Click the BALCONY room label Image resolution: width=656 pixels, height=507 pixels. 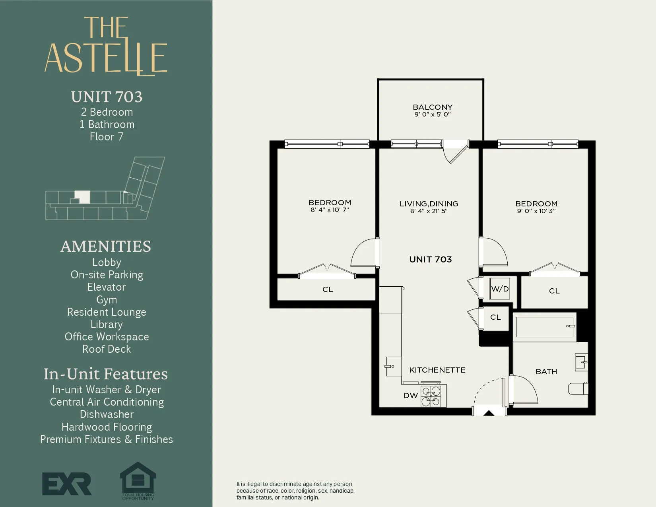pyautogui.click(x=433, y=107)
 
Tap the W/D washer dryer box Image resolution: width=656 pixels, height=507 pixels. pyautogui.click(x=500, y=289)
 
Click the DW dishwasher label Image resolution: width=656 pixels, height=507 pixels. pyautogui.click(x=411, y=396)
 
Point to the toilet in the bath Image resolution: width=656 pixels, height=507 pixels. pyautogui.click(x=578, y=389)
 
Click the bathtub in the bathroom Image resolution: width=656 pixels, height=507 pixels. pyautogui.click(x=544, y=327)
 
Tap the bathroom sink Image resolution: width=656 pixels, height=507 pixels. pyautogui.click(x=581, y=363)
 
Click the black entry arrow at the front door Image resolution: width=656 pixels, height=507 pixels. pyautogui.click(x=489, y=413)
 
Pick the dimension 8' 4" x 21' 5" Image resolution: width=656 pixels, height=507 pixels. pyautogui.click(x=429, y=211)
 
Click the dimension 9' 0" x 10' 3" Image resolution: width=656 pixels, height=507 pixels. pyautogui.click(x=536, y=211)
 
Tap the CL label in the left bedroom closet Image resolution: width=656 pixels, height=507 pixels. pyautogui.click(x=328, y=289)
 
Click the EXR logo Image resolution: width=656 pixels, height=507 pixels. pyautogui.click(x=67, y=484)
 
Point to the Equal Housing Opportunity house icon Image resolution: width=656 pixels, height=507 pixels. pyautogui.click(x=138, y=479)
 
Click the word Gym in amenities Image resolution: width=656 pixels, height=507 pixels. pyautogui.click(x=107, y=300)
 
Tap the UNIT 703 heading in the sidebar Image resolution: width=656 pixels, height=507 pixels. pyautogui.click(x=107, y=97)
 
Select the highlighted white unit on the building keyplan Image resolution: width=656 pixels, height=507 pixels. pyautogui.click(x=83, y=197)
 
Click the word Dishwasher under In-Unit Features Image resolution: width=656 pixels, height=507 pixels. pyautogui.click(x=107, y=414)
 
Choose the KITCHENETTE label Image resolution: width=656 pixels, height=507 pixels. pyautogui.click(x=437, y=370)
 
